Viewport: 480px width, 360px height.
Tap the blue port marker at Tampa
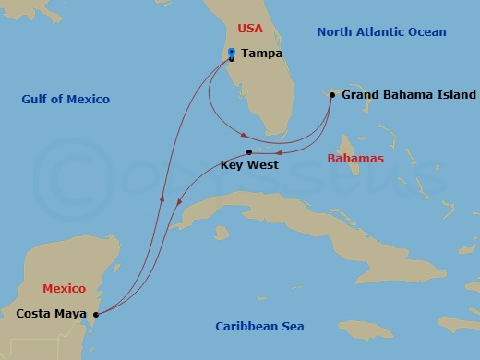tap(231, 54)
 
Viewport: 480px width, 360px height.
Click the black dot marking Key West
tap(250, 151)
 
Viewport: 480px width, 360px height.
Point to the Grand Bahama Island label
tap(408, 95)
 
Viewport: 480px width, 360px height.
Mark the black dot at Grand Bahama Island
tap(332, 94)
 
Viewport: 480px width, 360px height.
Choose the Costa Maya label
tap(51, 315)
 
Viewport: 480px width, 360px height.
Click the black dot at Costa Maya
tap(97, 315)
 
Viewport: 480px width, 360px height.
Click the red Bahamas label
tap(354, 160)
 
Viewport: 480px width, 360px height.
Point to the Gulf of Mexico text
tap(66, 100)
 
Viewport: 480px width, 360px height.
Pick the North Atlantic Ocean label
tap(382, 32)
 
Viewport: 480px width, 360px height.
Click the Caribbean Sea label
tap(259, 327)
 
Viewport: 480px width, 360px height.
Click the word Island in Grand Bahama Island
tap(457, 95)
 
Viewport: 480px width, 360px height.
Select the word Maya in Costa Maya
tap(71, 315)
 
